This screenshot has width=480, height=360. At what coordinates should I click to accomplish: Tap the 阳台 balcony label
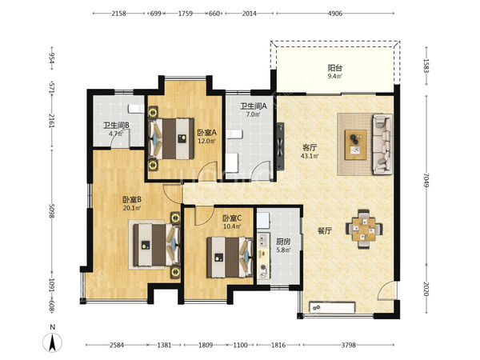coord(335,67)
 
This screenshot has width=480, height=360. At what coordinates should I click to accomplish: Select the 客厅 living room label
coord(310,147)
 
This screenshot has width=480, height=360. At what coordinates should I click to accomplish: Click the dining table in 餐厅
coord(364,229)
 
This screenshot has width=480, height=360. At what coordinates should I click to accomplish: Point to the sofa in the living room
coord(382,144)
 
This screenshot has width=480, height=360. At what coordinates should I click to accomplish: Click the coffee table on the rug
coord(355,145)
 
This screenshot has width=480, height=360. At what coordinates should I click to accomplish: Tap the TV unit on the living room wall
coord(280,146)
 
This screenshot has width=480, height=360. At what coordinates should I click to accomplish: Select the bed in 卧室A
coord(171,138)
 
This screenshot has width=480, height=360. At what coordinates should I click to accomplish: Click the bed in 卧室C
coord(230,257)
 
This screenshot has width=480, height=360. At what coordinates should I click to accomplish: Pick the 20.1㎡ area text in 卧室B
coord(132,208)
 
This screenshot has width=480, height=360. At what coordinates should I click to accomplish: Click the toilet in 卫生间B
coord(136,109)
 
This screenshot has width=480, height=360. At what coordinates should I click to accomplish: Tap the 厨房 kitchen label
coord(283,242)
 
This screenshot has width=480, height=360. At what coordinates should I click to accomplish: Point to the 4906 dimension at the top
coord(335,13)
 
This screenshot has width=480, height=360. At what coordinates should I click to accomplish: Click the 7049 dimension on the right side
coord(426,180)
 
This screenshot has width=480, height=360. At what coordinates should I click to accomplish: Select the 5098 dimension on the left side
coord(52,211)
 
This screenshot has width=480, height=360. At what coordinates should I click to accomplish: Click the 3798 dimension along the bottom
coord(348,345)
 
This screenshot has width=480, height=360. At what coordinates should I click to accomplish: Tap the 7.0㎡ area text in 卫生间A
coord(253,114)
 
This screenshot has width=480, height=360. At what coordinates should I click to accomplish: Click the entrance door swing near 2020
coord(386,291)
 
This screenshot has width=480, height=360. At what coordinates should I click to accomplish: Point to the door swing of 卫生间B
coord(121,138)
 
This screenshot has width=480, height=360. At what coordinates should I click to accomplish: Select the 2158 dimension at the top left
coord(118,13)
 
